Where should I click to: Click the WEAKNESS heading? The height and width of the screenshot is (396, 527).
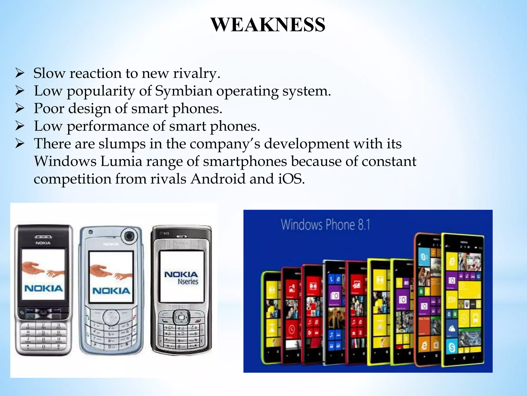(268, 25)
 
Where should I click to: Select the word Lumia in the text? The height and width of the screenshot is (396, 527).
(121, 162)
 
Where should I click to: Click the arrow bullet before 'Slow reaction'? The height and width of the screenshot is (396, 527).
(20, 73)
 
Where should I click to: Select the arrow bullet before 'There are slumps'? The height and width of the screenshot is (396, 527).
(20, 144)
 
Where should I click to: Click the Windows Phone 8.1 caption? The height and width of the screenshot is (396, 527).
(325, 225)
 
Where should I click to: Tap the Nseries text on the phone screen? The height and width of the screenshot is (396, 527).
(188, 282)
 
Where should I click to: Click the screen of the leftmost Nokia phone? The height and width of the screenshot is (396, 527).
(43, 274)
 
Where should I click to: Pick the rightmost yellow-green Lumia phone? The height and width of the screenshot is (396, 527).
(463, 299)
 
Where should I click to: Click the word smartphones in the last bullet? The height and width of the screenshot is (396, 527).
(245, 162)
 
